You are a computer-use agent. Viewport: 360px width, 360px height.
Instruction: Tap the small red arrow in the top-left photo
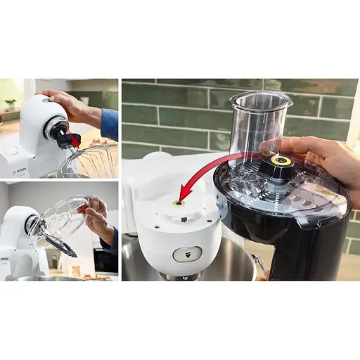click(x=74, y=141)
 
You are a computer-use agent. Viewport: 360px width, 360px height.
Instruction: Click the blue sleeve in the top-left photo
click(x=110, y=124)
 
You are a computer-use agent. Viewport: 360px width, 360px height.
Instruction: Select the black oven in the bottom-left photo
click(x=105, y=260)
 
